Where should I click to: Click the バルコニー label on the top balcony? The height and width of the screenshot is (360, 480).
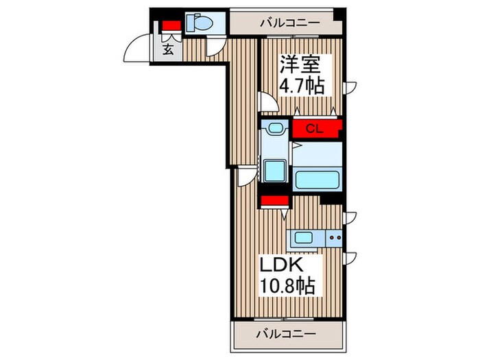pos(289,23)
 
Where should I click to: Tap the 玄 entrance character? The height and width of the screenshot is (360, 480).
pos(168,49)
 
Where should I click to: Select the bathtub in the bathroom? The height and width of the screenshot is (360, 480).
pos(317,180)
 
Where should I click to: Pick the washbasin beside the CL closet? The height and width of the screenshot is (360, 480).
pos(276,128)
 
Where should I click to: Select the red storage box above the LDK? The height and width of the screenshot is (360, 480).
pos(273,202)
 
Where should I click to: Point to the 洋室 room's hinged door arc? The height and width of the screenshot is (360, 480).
pos(268,103)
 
